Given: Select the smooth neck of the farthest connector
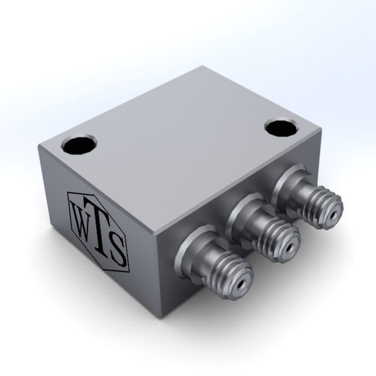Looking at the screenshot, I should point(300,191).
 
